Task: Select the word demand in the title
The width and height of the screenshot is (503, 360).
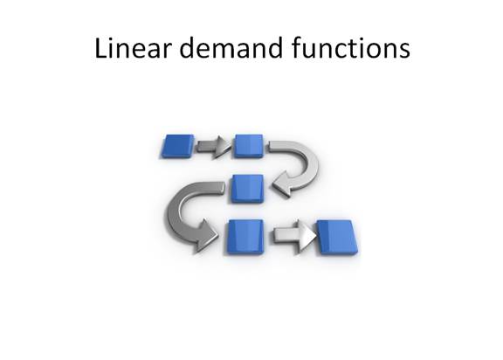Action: click(x=231, y=48)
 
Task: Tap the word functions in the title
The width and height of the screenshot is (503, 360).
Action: click(x=351, y=48)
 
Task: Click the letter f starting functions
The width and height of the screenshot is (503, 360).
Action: click(x=297, y=47)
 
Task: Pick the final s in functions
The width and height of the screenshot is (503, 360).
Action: click(x=404, y=51)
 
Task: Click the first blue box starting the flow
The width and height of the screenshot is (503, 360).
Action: click(x=177, y=146)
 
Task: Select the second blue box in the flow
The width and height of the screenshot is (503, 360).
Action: click(x=249, y=146)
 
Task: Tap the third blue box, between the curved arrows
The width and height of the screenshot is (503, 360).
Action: click(x=246, y=189)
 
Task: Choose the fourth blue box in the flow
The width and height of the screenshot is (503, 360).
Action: click(x=245, y=237)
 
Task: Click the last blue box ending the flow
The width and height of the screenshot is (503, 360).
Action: click(x=337, y=237)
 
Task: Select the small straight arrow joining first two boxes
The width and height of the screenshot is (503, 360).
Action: click(x=213, y=147)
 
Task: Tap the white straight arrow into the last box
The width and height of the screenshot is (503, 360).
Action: click(x=294, y=236)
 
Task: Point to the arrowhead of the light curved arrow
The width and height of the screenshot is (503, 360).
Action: click(x=282, y=185)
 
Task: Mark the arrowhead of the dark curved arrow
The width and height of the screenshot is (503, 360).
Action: click(x=205, y=235)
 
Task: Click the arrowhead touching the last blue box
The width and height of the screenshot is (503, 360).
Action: click(x=307, y=236)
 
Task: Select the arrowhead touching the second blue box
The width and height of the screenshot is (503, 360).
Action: click(x=222, y=147)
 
